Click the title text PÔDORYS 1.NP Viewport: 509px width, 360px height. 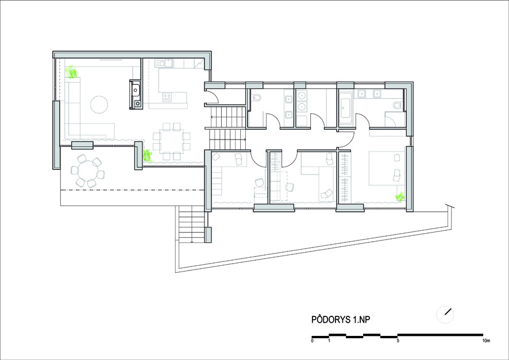click(x=341, y=319)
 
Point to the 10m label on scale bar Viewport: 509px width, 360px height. click(x=486, y=340)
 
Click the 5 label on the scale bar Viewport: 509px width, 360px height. click(x=398, y=340)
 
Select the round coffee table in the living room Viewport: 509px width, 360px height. click(x=99, y=104)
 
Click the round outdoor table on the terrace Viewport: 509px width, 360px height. click(x=87, y=171)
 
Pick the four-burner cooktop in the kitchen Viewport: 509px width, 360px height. click(x=167, y=97)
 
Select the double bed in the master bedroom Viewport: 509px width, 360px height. click(x=385, y=169)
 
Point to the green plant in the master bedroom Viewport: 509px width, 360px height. click(x=400, y=196)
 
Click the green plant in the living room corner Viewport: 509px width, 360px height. click(x=71, y=72)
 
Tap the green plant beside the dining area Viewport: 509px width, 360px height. click(x=148, y=156)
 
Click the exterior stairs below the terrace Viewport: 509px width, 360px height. click(x=192, y=224)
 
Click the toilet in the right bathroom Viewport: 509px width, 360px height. click(x=398, y=105)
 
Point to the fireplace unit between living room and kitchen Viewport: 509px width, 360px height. click(x=136, y=94)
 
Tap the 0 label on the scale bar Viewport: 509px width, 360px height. click(x=313, y=340)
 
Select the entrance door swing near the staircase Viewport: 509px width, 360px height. click(x=214, y=97)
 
